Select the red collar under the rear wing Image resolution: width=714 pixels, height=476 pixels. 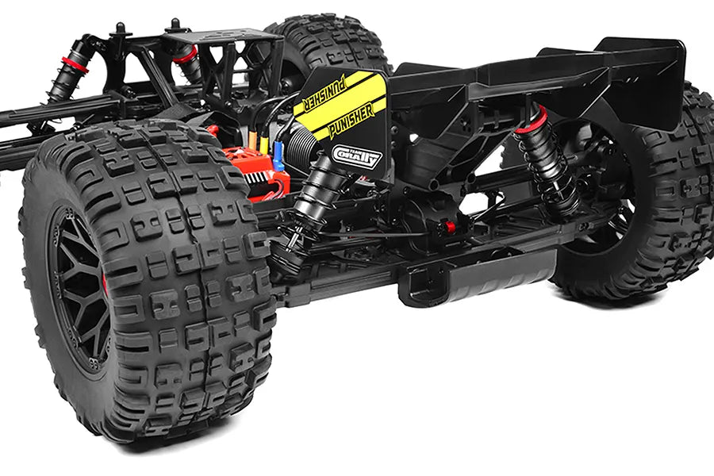pyautogui.click(x=532, y=121)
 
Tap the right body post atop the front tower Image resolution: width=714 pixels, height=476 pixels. pyautogui.click(x=173, y=26)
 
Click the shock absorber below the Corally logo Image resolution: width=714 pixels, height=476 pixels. pyautogui.click(x=317, y=206)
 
